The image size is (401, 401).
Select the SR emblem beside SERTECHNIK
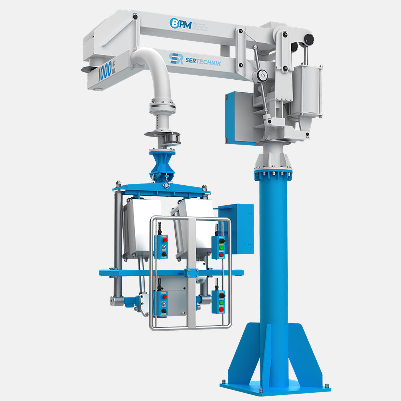[175, 59]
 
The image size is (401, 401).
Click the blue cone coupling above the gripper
[164, 166]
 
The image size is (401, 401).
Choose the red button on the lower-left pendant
[164, 297]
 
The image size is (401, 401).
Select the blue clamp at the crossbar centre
[190, 273]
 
